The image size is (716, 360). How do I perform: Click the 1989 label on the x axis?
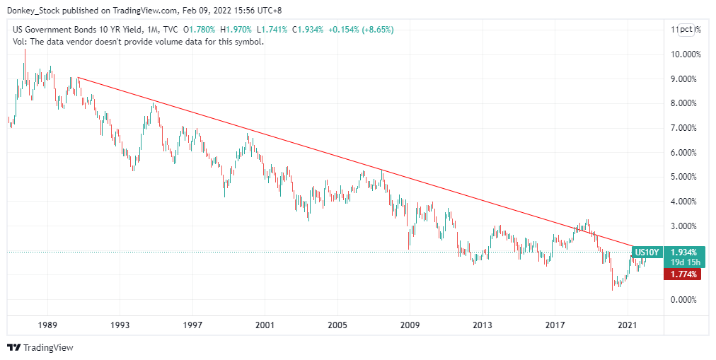pos(48,325)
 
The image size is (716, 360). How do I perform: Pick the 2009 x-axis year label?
pos(410,325)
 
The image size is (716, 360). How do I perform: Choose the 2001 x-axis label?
pos(265,325)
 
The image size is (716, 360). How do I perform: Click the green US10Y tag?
pos(647,252)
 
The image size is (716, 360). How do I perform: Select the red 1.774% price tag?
pos(682,274)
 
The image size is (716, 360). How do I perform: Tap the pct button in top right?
pos(686,29)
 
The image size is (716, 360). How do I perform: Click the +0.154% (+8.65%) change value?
pos(359,30)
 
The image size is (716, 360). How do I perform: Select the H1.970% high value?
pos(238,30)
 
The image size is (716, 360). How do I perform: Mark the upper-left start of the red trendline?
pos(77,77)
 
